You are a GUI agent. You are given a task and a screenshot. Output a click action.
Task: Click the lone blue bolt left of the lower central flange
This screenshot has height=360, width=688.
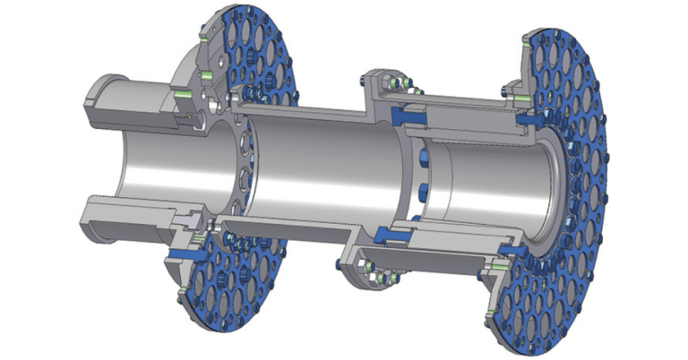pyautogui.click(x=335, y=264)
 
